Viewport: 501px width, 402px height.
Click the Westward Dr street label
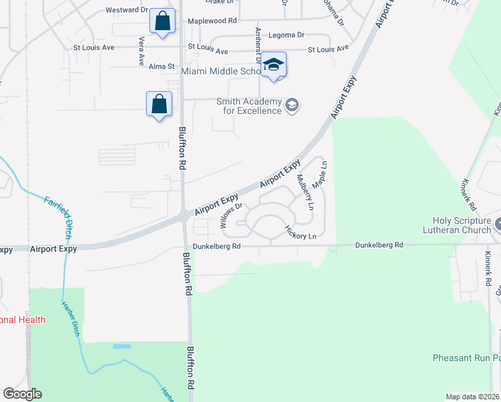[x=127, y=10]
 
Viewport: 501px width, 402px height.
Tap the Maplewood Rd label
[x=212, y=21]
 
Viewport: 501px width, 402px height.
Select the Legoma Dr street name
[x=285, y=34]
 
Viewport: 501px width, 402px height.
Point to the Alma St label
[x=161, y=66]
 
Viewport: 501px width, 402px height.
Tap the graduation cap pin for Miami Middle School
[x=273, y=65]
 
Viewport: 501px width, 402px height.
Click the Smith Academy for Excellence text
[x=248, y=106]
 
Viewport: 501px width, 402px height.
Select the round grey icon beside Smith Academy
[x=292, y=105]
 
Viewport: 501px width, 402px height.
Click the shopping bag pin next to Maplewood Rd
[x=162, y=21]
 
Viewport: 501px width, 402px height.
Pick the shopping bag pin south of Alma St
[x=159, y=105]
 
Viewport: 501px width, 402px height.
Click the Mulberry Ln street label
[x=305, y=192]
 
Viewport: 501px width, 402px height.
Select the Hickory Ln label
[x=300, y=232]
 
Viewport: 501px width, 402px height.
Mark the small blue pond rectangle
[x=122, y=346]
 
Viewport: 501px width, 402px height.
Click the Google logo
[x=22, y=394]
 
